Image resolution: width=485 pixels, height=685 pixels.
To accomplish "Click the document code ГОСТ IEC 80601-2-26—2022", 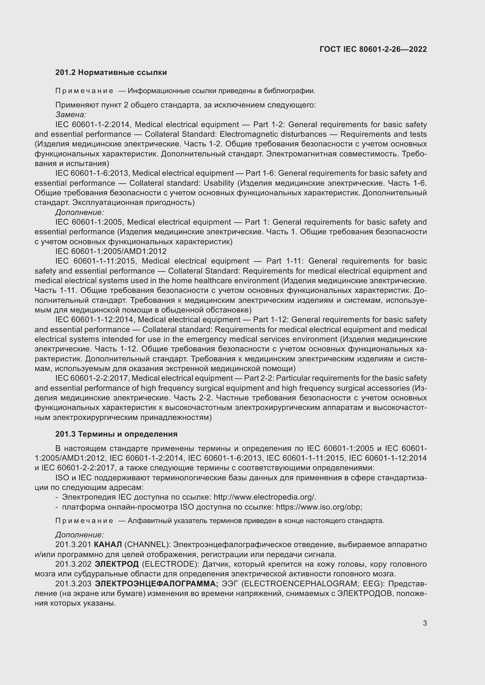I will (x=373, y=49).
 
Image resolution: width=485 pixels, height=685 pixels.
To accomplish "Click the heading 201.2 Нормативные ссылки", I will (x=111, y=73).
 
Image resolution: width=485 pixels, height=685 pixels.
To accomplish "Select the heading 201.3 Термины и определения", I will (x=116, y=434).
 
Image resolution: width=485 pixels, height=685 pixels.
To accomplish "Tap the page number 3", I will (x=425, y=623).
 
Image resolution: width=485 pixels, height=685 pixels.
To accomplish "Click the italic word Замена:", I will (x=71, y=115).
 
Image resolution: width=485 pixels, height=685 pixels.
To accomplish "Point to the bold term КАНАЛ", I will (x=108, y=544).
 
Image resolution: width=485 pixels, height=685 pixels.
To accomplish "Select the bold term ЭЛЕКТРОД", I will (x=116, y=564).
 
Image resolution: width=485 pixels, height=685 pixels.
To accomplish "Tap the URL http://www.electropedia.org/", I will (x=264, y=497).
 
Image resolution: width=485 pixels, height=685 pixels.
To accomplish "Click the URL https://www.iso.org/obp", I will (x=319, y=507).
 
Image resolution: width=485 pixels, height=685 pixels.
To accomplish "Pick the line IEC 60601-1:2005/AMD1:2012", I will (x=111, y=251).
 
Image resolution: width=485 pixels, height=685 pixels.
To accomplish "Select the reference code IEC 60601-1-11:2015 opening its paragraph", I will (x=96, y=261).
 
